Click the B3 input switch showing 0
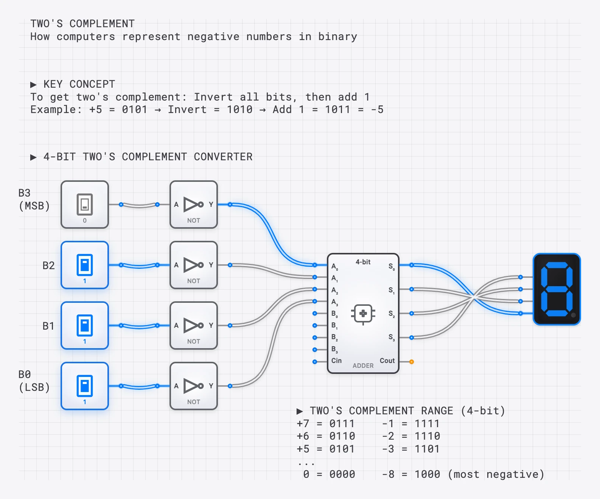coord(85,205)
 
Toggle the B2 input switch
coord(85,265)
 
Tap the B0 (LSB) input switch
coord(85,386)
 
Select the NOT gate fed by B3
coord(194,205)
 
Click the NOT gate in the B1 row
coord(194,325)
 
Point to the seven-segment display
coord(556,289)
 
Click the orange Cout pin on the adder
coord(412,362)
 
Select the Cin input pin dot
coord(315,362)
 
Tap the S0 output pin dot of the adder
coord(412,265)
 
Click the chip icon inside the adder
coord(363,313)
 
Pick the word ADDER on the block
coord(363,366)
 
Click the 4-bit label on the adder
coord(363,262)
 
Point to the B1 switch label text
coord(48,326)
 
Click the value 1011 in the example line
coord(337,110)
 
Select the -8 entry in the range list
coord(388,474)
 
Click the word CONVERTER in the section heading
coord(223,157)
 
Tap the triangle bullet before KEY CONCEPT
coord(33,84)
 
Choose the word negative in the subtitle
coord(213,37)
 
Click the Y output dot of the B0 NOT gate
coord(230,386)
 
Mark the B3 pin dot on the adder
coord(315,350)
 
